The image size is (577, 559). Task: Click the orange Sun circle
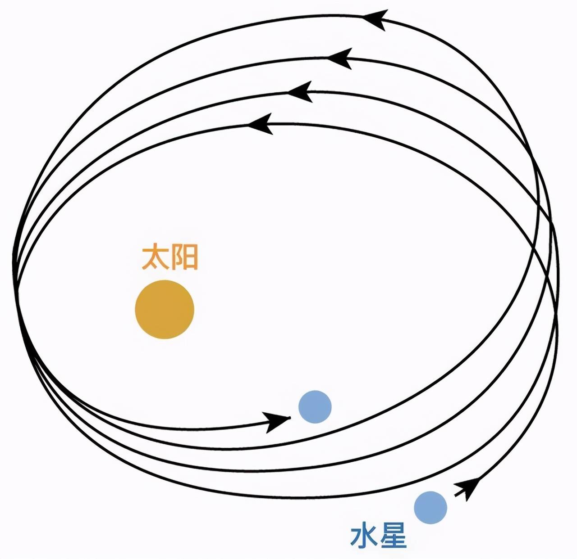[x=165, y=310]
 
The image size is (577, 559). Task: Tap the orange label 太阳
[x=170, y=257]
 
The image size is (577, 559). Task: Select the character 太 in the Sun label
[x=155, y=257]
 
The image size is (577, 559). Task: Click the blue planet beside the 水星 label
[x=430, y=508]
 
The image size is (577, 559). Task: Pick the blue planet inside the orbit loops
[x=315, y=407]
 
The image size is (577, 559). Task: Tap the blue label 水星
[x=378, y=537]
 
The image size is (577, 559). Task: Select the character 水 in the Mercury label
[x=364, y=537]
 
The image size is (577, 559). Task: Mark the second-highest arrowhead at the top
[x=340, y=58]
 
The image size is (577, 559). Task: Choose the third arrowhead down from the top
[x=300, y=91]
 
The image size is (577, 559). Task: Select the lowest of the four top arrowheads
[x=260, y=124]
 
